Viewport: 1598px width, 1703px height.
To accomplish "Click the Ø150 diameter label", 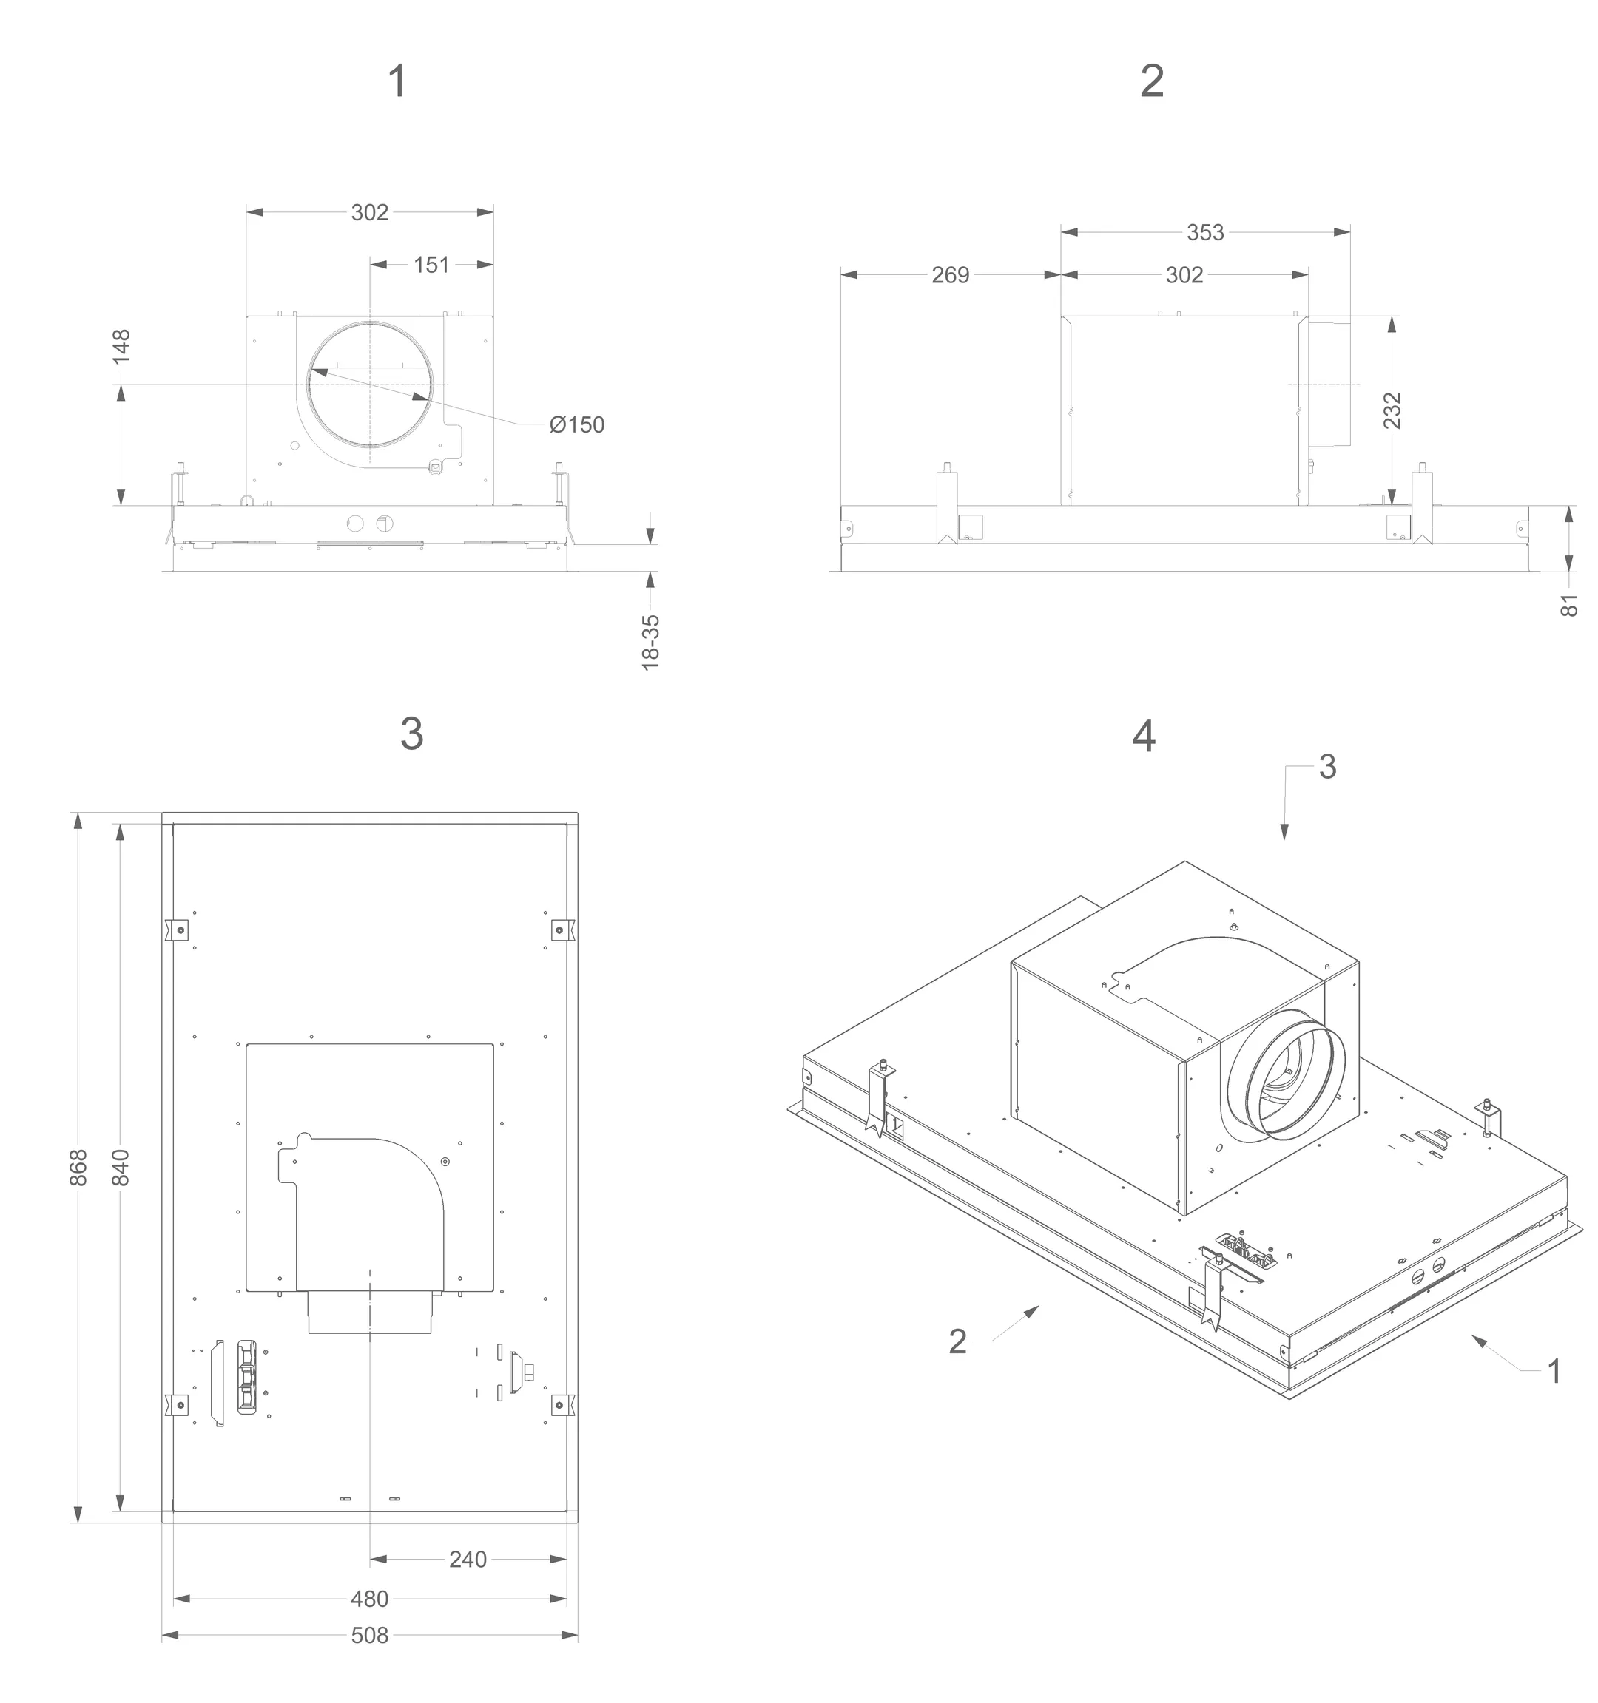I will [576, 425].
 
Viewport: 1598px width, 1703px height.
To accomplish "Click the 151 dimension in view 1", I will [431, 265].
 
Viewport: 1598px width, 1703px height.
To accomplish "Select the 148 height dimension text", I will [121, 346].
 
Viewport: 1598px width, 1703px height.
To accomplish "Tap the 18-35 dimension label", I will [651, 642].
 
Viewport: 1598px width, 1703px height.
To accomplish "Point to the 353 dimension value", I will [1204, 232].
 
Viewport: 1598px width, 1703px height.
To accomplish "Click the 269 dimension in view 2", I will [950, 275].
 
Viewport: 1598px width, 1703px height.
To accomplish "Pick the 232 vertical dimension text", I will [1392, 410].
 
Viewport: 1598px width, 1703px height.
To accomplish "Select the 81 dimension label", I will [1569, 605].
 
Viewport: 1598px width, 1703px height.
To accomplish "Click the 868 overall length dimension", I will [78, 1168].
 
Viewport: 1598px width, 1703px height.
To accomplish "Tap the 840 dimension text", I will [121, 1168].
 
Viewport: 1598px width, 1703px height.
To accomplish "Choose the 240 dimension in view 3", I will [468, 1559].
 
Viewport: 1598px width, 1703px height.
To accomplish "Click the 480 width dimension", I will [369, 1599].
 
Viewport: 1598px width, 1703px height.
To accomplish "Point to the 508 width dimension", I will [369, 1635].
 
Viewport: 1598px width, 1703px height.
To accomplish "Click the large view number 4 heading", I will [1143, 736].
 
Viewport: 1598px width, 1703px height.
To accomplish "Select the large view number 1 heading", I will [397, 81].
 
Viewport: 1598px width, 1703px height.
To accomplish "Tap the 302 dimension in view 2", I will [1184, 275].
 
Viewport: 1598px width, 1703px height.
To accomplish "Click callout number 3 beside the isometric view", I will [1327, 767].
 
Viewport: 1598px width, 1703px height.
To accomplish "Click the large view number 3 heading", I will [411, 734].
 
